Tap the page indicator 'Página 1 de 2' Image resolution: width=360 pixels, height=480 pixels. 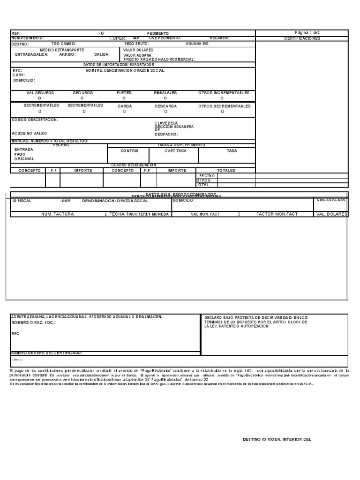click(x=307, y=33)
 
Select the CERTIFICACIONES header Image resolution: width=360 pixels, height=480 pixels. click(x=302, y=38)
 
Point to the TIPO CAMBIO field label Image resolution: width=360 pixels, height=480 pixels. click(x=64, y=44)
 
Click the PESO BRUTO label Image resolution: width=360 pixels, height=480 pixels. click(x=136, y=44)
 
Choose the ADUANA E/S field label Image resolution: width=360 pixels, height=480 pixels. click(x=197, y=44)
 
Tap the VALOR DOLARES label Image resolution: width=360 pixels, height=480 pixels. click(x=139, y=49)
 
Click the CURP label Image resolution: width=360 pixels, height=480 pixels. click(x=19, y=75)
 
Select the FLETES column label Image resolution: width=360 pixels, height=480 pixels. click(x=124, y=93)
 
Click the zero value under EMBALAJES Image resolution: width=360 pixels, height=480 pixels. click(x=165, y=98)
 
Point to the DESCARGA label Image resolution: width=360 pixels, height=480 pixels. click(x=165, y=106)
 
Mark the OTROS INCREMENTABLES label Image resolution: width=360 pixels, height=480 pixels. click(x=224, y=93)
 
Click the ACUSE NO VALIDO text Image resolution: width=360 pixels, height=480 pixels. click(x=30, y=133)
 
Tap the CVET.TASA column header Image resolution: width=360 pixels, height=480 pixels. click(x=175, y=151)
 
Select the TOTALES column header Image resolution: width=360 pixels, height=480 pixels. click(x=226, y=171)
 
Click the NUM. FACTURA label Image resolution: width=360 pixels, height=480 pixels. click(x=58, y=214)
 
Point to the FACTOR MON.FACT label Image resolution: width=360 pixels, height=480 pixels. click(x=277, y=214)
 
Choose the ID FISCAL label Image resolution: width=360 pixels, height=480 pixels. click(x=22, y=201)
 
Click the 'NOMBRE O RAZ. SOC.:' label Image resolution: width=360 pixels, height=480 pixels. click(x=33, y=323)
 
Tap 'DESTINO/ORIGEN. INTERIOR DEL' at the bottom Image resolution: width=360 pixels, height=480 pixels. click(x=277, y=440)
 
